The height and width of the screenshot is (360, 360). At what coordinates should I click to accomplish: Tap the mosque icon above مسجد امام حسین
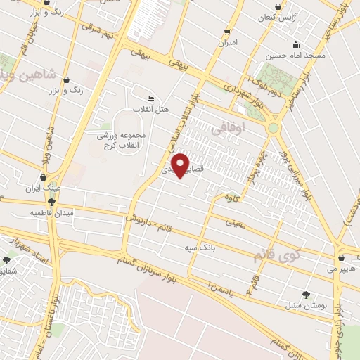[x=296, y=44]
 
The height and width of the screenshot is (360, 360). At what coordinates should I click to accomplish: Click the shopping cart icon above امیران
[x=227, y=32]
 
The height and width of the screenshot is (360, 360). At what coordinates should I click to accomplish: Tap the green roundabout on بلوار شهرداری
[x=273, y=128]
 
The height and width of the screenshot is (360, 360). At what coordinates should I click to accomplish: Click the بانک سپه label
[x=198, y=248]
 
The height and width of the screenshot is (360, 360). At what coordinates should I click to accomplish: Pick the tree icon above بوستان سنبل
[x=306, y=294]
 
